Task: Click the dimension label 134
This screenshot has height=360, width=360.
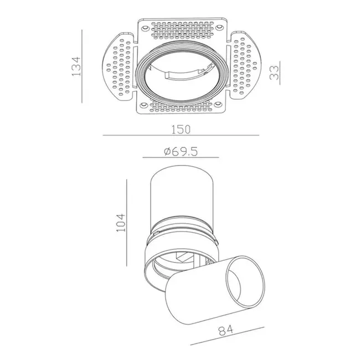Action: click(x=76, y=66)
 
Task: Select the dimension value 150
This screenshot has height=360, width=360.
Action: click(x=180, y=129)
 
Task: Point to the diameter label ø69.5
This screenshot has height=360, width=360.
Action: click(x=181, y=152)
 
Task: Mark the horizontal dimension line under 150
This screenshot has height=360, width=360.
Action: click(x=181, y=136)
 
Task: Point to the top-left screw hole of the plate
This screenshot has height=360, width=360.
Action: click(x=145, y=27)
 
